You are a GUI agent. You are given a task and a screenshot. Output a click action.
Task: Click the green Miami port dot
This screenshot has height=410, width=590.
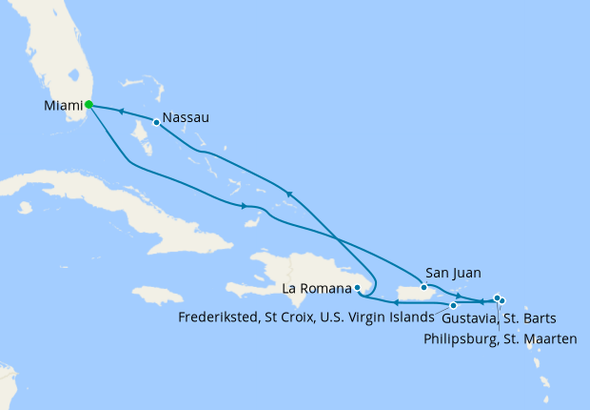tap(88, 105)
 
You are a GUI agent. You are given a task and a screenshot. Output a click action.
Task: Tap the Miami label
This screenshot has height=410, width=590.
tap(63, 106)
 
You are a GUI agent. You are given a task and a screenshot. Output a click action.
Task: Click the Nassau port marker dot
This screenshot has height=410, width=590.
tap(156, 122)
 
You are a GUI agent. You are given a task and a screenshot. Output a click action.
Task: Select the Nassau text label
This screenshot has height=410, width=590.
tap(186, 118)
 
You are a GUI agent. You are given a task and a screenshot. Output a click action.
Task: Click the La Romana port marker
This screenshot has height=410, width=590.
tap(357, 287)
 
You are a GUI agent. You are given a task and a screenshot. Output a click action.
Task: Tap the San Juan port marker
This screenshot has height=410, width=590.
tap(423, 286)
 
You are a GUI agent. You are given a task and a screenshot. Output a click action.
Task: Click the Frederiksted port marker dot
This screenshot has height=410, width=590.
tap(453, 305)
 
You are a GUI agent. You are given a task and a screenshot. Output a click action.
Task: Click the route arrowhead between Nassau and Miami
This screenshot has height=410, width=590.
tap(122, 112)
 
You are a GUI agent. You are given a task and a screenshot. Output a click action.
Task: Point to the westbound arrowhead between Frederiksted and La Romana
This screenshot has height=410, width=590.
tap(395, 304)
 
